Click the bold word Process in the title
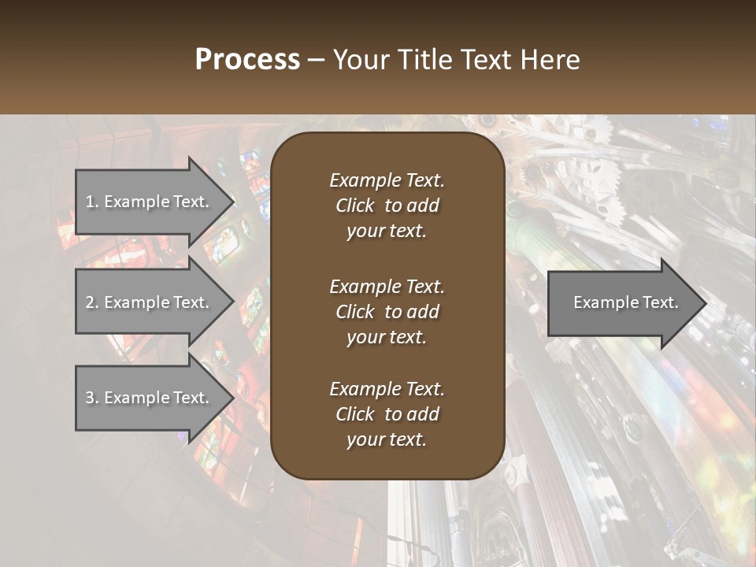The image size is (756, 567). [x=247, y=60]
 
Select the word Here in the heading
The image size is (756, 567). [x=550, y=60]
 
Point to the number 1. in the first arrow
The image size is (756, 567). [x=92, y=202]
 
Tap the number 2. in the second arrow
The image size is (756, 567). [x=92, y=302]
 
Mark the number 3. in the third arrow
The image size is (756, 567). [x=92, y=398]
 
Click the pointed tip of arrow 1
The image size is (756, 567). [x=232, y=202]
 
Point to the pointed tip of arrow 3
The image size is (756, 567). [x=232, y=398]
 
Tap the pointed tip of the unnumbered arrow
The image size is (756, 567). [x=705, y=303]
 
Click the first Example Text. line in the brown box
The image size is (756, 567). [x=387, y=180]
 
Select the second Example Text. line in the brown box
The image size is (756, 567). [x=387, y=286]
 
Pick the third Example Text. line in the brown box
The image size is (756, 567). [x=387, y=389]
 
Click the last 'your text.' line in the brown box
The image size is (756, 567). [x=387, y=440]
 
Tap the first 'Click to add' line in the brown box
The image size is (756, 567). [x=387, y=206]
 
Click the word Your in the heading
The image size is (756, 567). [x=361, y=60]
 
